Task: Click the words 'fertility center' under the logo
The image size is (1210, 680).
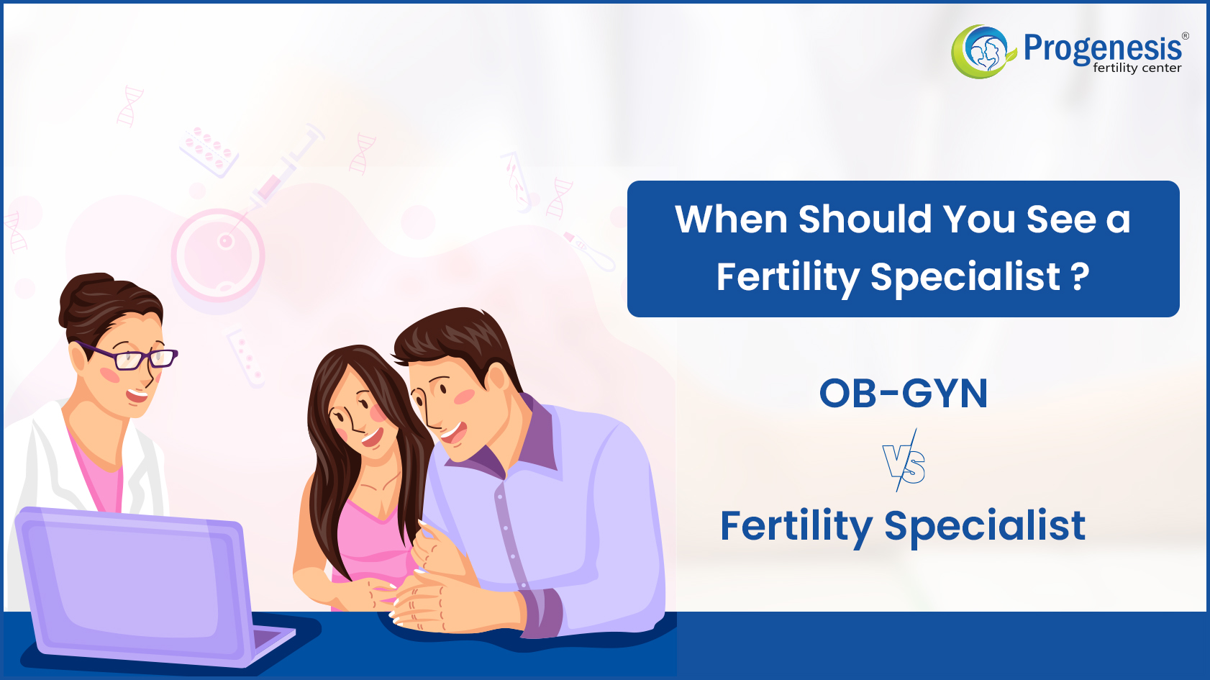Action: tap(1137, 68)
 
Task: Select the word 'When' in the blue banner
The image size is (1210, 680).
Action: tap(732, 219)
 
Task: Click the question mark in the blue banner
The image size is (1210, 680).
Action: tap(1079, 276)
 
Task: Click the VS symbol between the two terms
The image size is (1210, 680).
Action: tap(904, 461)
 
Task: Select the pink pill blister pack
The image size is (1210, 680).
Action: tap(209, 151)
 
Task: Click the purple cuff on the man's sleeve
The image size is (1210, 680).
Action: tap(540, 614)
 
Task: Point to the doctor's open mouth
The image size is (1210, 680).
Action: tap(137, 396)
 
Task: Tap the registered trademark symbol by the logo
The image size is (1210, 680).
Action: tap(1185, 36)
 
